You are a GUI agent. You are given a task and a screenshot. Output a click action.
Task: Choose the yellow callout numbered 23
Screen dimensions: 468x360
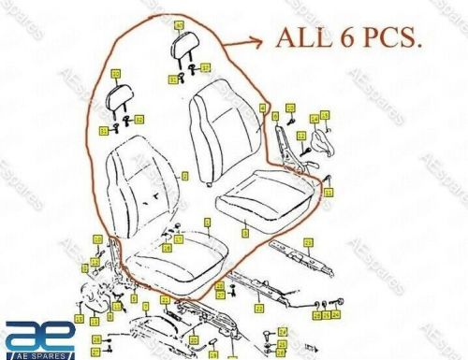click(x=333, y=240)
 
